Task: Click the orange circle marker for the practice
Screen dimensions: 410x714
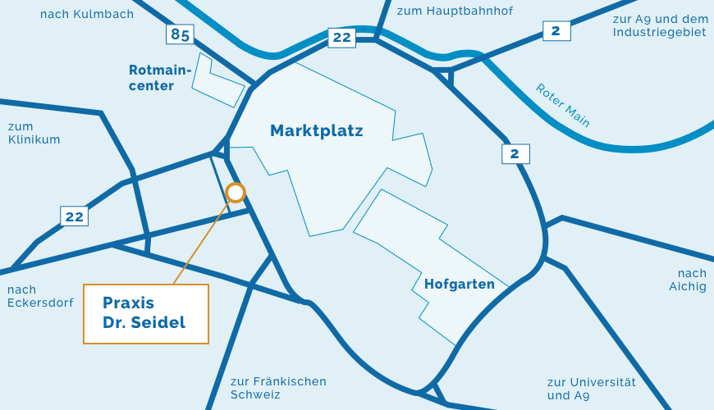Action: [236, 193]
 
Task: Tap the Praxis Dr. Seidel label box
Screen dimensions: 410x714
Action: [146, 313]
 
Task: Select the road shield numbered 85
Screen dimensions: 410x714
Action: [180, 34]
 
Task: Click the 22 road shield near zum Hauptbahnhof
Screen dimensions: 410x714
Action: [341, 37]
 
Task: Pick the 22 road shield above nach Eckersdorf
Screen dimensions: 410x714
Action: [74, 216]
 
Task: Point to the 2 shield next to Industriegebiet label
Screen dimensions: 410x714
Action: [556, 31]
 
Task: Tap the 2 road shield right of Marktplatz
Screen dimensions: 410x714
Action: [515, 153]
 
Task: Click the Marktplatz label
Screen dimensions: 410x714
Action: [317, 130]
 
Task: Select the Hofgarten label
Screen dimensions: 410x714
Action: [460, 285]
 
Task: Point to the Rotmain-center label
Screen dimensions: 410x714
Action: [159, 78]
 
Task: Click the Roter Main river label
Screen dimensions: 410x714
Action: [563, 105]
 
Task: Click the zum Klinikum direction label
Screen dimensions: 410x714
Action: [34, 133]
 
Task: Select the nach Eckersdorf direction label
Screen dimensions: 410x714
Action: [40, 296]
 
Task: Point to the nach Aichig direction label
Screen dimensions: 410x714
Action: [687, 280]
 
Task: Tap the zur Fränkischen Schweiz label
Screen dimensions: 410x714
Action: [278, 388]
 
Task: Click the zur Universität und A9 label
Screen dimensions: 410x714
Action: [591, 388]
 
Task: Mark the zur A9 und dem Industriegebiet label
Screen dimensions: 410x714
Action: [659, 25]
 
